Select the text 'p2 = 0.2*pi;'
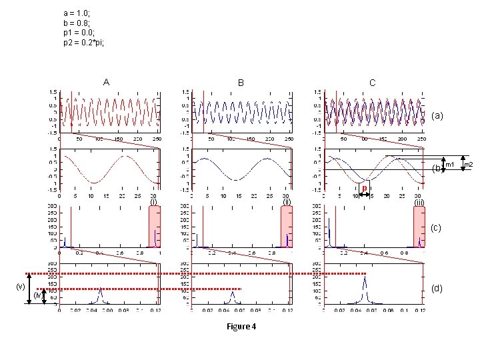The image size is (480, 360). click(83, 43)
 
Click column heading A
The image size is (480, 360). click(106, 83)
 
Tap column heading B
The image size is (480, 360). click(241, 83)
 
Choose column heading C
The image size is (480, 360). click(372, 83)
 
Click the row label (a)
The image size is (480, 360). click(437, 116)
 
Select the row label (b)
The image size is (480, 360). click(437, 167)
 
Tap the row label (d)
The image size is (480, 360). click(437, 289)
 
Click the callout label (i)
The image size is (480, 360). click(153, 201)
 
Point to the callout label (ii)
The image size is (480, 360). click(287, 201)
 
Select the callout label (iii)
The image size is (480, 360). click(419, 202)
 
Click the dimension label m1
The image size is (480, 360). click(450, 165)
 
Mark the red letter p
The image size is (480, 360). click(364, 188)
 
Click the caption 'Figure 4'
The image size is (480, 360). click(241, 327)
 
